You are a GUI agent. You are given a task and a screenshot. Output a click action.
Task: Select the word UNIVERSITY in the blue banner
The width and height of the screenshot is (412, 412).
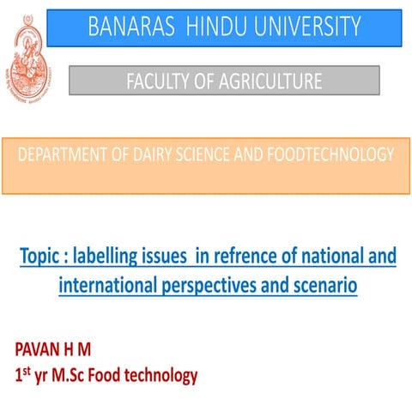click(308, 27)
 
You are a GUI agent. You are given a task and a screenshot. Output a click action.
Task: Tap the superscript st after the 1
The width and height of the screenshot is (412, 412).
click(27, 371)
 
